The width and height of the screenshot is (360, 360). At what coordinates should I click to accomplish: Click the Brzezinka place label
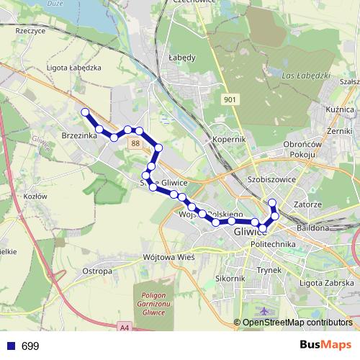[x=79, y=135]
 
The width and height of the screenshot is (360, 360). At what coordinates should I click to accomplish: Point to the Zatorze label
[x=308, y=204]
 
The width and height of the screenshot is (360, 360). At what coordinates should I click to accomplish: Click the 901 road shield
[x=229, y=99]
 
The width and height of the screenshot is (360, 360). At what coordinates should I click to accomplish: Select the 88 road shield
[x=135, y=143]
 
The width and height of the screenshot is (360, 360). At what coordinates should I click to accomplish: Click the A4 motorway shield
[x=125, y=328]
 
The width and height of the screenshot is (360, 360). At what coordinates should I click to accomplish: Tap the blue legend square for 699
[x=10, y=346]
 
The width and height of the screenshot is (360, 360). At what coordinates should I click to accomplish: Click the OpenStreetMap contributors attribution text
[x=297, y=323]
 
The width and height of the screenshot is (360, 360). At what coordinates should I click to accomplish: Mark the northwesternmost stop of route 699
[x=85, y=112]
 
